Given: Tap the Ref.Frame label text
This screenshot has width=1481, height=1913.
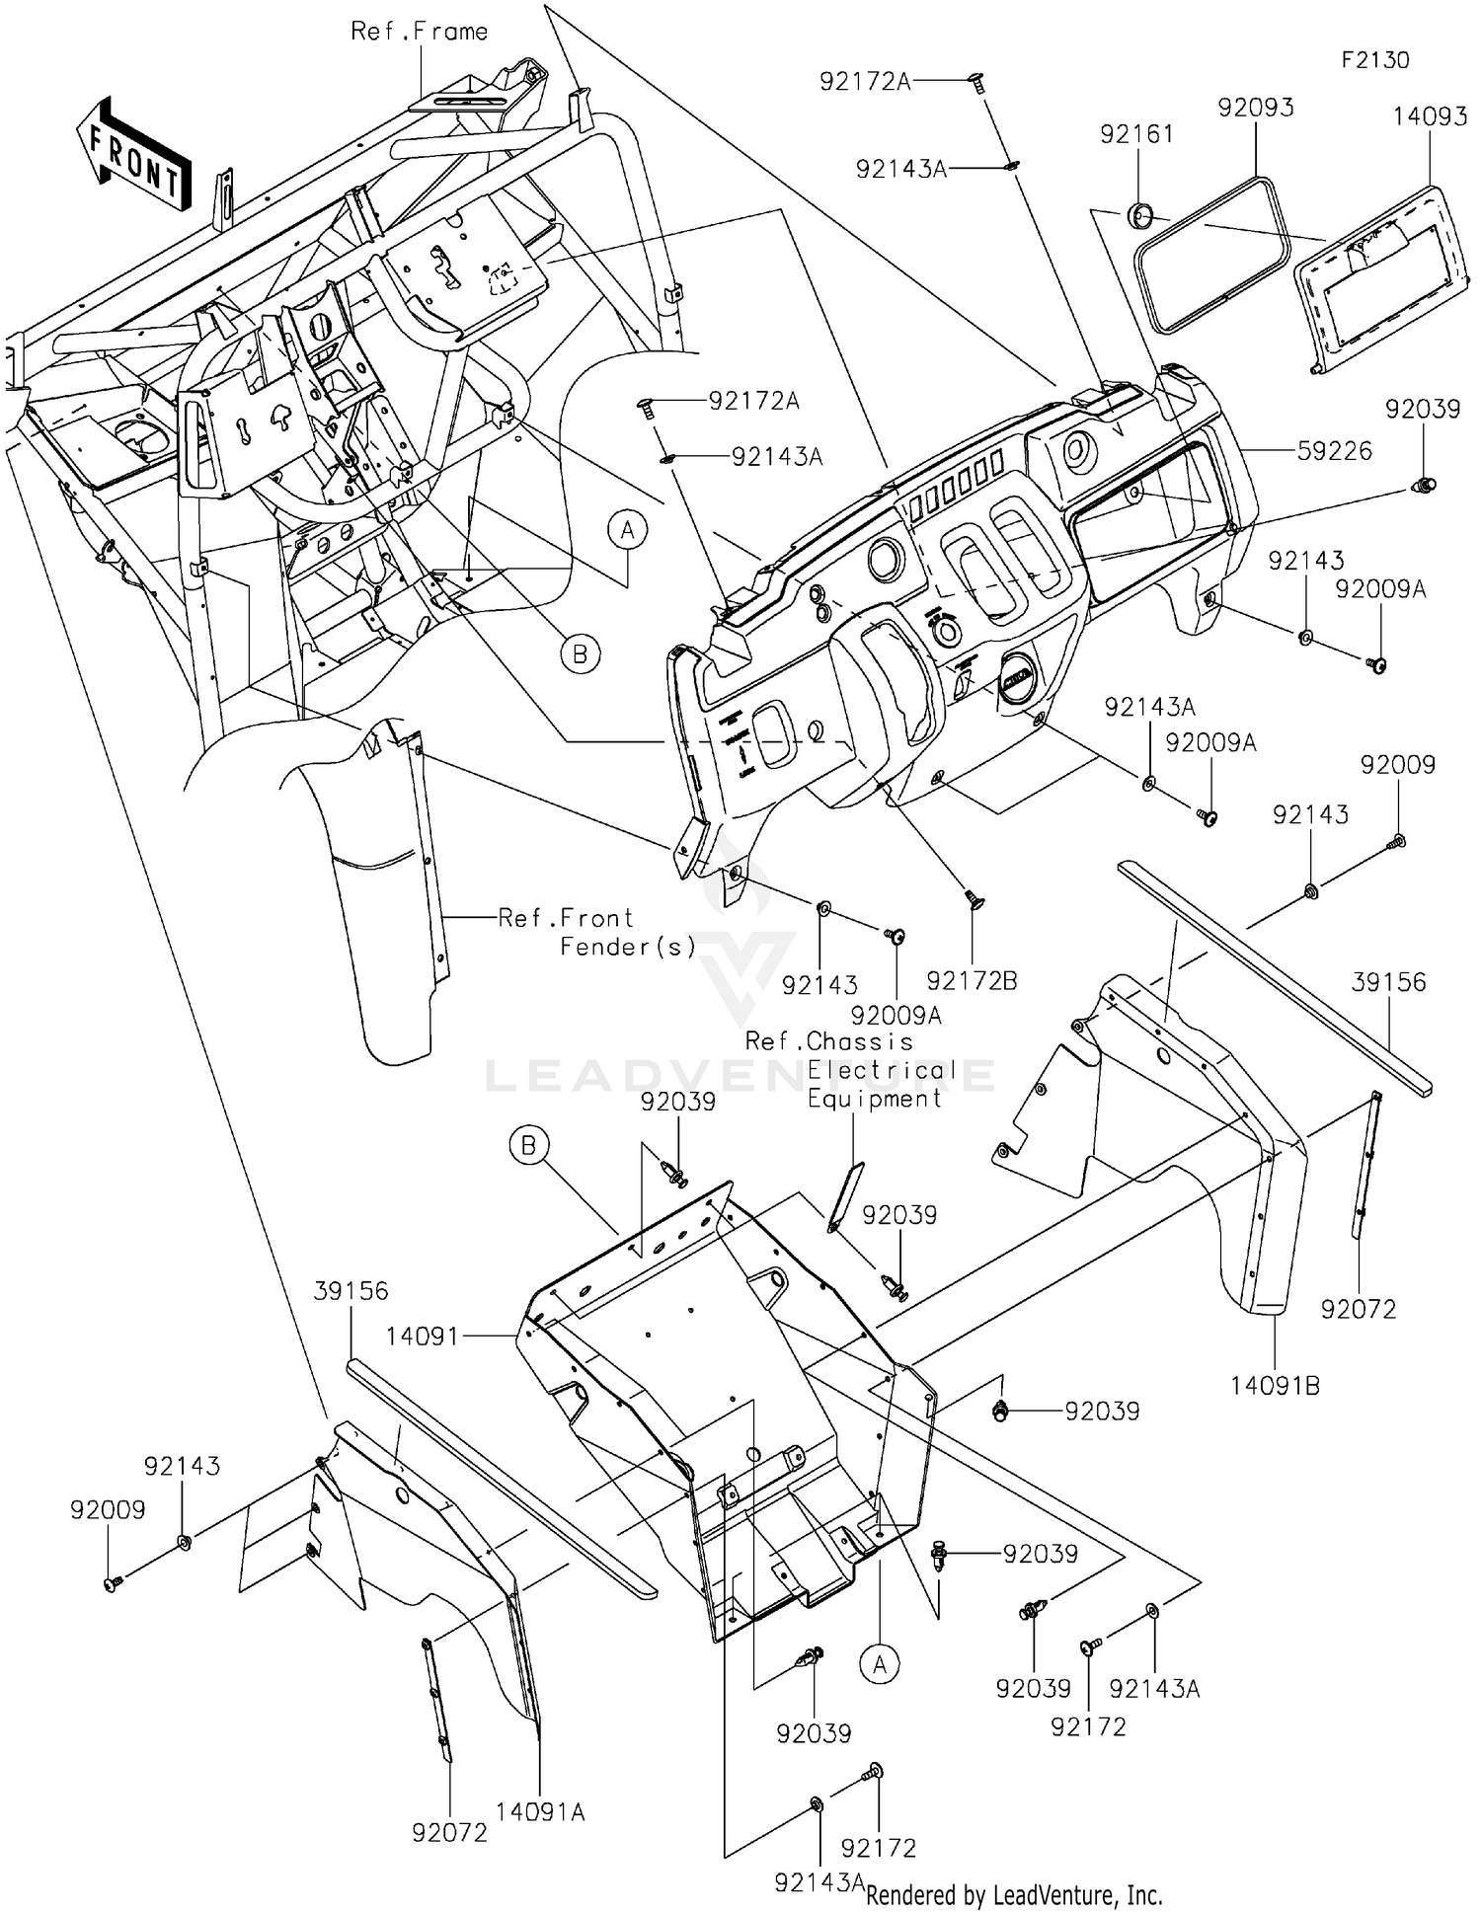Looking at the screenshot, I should pos(419,32).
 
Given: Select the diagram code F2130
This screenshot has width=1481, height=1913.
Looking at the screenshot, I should pos(1374,60).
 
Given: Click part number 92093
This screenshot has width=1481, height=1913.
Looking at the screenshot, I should pos(1255,108).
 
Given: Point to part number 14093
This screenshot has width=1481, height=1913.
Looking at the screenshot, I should pos(1429,116).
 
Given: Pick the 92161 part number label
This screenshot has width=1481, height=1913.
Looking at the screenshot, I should pos(1136,134).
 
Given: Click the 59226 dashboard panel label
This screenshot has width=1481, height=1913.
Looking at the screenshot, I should pos(1335,451).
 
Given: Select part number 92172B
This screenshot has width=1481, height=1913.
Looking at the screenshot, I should pos(972,980).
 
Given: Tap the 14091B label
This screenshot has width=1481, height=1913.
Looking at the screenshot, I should pos(1274,1386).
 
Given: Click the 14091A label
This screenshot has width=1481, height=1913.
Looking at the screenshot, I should pos(540,1812).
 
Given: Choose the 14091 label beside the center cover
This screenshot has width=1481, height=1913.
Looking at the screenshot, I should pos(422,1337).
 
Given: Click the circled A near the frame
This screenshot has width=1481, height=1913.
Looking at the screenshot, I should pos(626,531).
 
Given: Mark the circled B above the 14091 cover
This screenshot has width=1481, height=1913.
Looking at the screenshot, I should pos(528,1146).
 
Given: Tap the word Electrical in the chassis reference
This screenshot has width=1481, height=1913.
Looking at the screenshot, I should pos(881,1070).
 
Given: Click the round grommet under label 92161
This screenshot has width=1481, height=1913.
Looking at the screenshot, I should pos(1139,213).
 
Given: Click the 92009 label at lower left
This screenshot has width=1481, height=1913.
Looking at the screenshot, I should pos(107,1510).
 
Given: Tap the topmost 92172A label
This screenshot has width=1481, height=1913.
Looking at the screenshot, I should pos(865,82).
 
